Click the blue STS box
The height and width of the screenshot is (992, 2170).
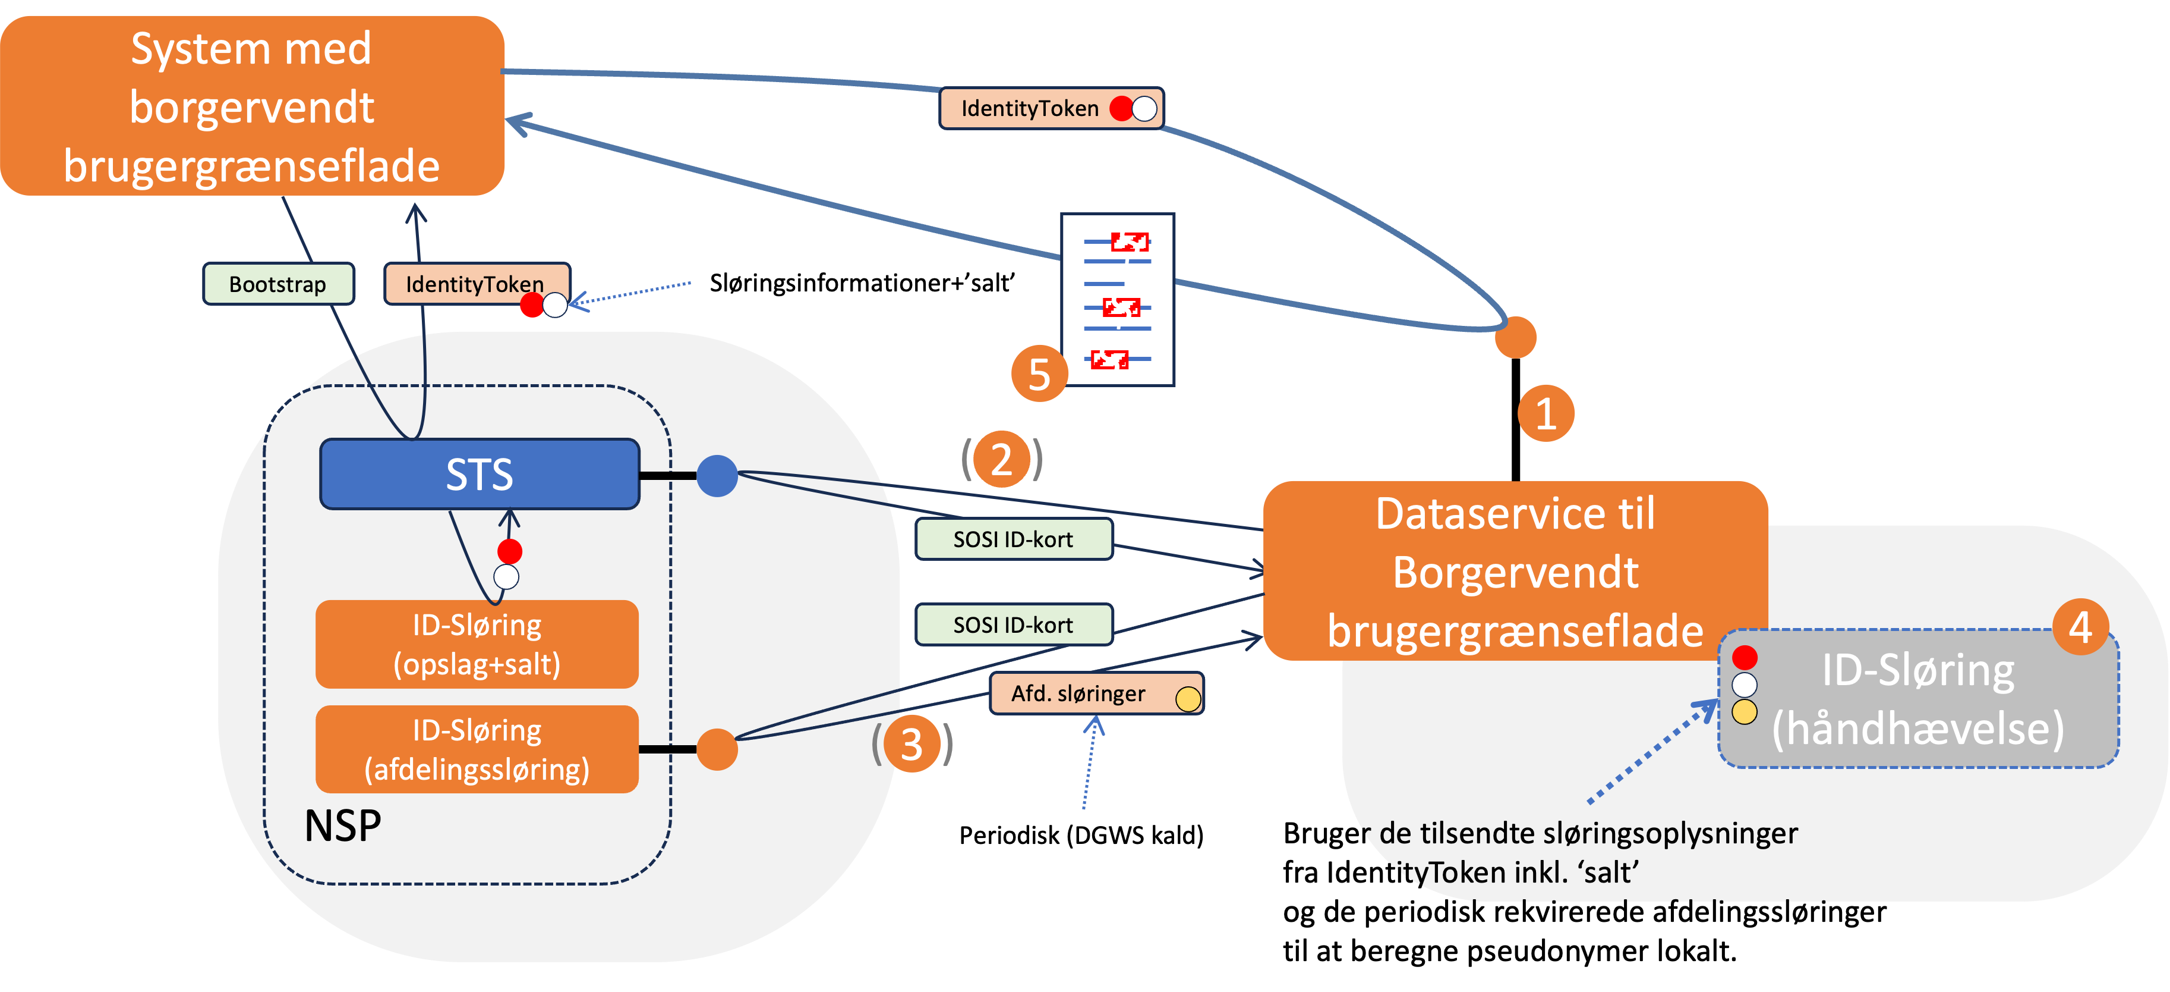(480, 473)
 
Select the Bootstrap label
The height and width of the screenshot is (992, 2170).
(278, 284)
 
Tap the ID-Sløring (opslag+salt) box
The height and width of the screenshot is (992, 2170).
(477, 645)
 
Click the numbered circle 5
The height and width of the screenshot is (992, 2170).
(1039, 374)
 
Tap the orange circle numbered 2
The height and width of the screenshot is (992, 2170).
(1001, 459)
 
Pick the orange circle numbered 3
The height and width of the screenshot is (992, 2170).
(911, 744)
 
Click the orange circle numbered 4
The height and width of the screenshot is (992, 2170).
(2080, 627)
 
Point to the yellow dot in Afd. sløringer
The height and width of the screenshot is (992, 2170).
(1188, 699)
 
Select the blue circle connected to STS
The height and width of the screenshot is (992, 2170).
(717, 476)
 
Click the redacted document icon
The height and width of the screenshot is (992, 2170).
(1117, 300)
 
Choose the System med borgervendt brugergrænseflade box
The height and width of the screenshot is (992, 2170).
(252, 106)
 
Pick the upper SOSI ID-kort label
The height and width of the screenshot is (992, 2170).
(1013, 539)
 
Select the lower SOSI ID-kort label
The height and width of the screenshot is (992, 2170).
(1013, 624)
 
